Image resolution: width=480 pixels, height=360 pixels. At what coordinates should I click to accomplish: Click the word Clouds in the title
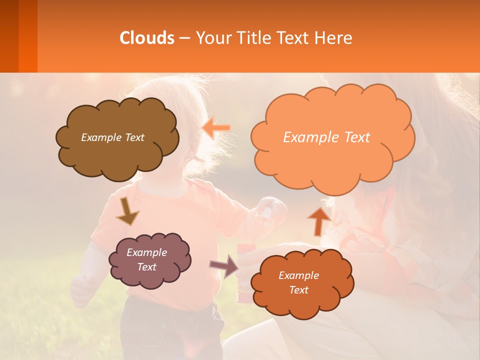[147, 38]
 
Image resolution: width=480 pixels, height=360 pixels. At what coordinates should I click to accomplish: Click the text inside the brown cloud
[112, 137]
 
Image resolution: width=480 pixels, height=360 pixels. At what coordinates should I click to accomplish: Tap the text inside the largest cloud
[326, 137]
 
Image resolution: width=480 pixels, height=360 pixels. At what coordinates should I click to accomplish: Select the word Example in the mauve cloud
[146, 252]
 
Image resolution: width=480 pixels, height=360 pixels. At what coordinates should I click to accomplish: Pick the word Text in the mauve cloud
[146, 267]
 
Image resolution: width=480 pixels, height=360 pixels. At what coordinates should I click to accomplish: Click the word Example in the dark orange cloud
[298, 275]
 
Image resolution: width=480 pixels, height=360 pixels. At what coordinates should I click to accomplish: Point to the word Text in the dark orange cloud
[298, 290]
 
